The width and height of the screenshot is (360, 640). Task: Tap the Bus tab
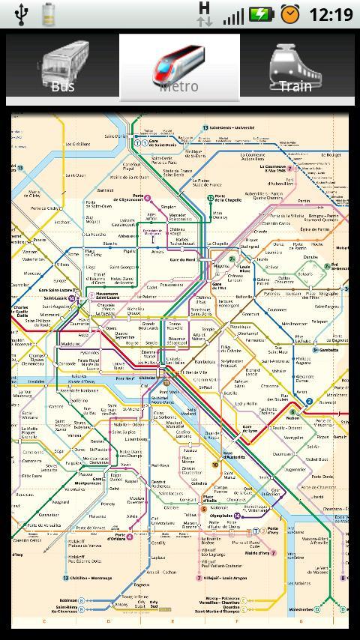pyautogui.click(x=63, y=69)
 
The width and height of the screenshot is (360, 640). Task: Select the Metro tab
pyautogui.click(x=179, y=69)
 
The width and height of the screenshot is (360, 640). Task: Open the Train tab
pyautogui.click(x=295, y=69)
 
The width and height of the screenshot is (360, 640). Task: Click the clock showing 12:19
pyautogui.click(x=330, y=14)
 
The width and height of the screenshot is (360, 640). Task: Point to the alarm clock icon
pyautogui.click(x=289, y=14)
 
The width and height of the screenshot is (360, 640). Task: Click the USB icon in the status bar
pyautogui.click(x=20, y=14)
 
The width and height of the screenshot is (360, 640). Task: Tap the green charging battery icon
pyautogui.click(x=262, y=14)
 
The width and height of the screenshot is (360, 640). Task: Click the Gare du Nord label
pyautogui.click(x=182, y=259)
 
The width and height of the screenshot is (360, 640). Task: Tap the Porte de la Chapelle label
pyautogui.click(x=229, y=199)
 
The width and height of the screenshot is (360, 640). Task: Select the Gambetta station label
pyautogui.click(x=328, y=350)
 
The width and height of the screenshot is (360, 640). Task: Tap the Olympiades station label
pyautogui.click(x=220, y=516)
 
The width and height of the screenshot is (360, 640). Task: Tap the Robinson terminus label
pyautogui.click(x=69, y=600)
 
